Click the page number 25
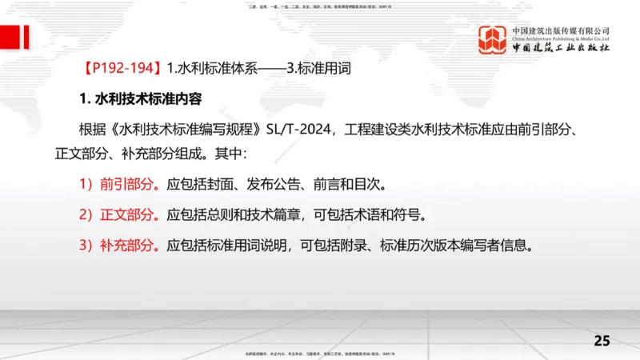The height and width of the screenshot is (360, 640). pyautogui.click(x=602, y=341)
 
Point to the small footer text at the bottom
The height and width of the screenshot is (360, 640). pyautogui.click(x=320, y=353)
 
